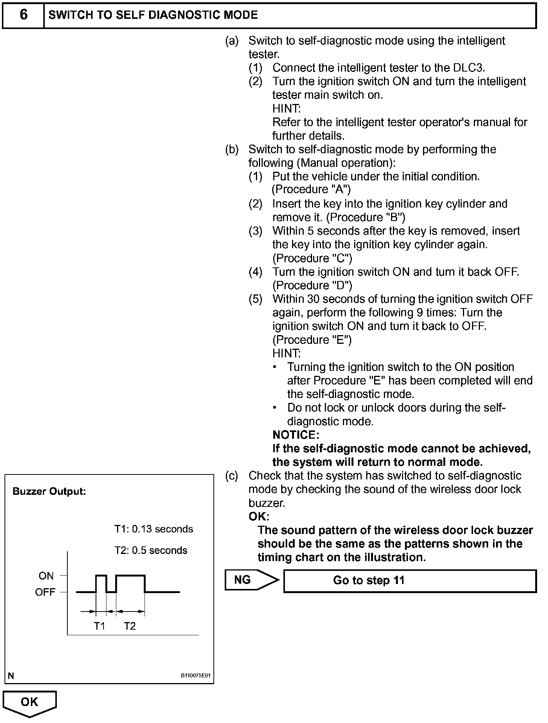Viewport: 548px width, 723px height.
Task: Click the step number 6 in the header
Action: point(23,15)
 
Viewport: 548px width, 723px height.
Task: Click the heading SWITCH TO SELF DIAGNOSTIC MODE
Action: point(153,15)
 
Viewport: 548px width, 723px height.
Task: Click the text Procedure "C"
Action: point(312,258)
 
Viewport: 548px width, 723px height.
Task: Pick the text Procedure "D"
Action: point(312,285)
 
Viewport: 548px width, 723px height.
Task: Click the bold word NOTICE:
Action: point(296,435)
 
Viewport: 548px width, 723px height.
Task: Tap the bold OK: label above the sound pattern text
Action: point(259,516)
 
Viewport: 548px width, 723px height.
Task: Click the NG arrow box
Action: point(250,580)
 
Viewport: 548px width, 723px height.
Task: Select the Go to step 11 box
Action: point(409,581)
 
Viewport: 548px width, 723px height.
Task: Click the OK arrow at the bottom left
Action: point(29,703)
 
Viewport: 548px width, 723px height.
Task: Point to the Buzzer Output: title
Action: point(49,492)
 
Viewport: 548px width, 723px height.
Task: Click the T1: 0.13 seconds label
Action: point(154,529)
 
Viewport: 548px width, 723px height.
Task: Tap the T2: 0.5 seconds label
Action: point(151,551)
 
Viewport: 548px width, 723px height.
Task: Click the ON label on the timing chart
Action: point(46,576)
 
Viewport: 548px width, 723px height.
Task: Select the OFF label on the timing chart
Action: point(45,592)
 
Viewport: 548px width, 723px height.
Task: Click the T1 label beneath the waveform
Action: point(99,626)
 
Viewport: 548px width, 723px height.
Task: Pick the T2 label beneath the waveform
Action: point(130,626)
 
